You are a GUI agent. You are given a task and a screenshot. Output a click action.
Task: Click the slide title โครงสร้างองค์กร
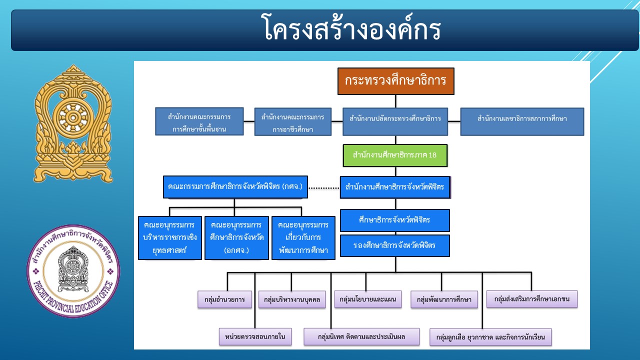351,28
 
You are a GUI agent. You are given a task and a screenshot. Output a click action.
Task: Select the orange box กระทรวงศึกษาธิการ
395,81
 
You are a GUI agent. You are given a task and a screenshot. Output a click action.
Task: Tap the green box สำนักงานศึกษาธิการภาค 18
395,155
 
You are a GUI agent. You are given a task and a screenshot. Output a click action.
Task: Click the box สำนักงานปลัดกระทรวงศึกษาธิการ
395,121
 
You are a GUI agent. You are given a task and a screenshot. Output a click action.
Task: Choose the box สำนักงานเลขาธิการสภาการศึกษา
522,121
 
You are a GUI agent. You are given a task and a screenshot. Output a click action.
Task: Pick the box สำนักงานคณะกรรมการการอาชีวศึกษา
293,121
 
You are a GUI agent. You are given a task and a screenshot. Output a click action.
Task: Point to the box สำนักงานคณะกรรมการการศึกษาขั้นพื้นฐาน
199,121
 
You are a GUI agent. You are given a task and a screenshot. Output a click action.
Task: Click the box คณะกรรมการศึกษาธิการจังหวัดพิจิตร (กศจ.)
235,187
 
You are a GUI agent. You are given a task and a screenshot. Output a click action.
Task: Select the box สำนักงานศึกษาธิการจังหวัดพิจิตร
395,187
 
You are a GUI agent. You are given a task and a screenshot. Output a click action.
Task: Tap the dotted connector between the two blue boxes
324,188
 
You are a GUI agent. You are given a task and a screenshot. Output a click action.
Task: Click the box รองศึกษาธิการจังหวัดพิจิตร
394,245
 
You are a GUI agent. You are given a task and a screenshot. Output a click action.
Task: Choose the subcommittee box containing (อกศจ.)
236,237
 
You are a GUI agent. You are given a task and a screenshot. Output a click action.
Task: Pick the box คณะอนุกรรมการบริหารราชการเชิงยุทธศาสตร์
169,237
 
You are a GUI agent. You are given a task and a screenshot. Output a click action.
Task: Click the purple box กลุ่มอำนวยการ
224,299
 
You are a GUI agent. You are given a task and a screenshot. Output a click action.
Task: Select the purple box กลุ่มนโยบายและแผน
367,299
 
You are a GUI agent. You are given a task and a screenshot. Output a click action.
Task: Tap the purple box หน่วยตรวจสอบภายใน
255,336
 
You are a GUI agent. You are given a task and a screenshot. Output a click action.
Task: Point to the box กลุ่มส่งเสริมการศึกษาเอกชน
531,299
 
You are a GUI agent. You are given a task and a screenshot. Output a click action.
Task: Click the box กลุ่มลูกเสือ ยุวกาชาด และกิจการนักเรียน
490,337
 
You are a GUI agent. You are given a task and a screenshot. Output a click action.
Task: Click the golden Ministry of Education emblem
73,123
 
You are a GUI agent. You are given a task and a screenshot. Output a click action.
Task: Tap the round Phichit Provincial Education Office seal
73,271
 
